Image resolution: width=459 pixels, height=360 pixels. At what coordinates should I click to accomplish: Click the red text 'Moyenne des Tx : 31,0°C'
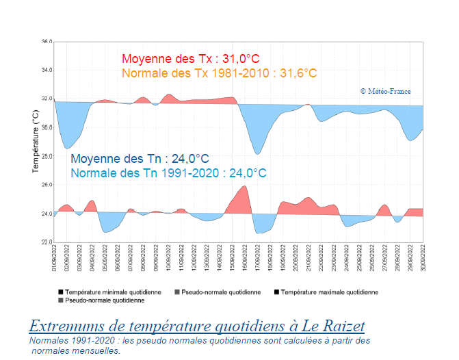190,60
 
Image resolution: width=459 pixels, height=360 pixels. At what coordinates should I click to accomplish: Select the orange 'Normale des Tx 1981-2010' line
219,73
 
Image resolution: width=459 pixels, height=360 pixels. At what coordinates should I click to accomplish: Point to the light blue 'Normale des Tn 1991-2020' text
168,172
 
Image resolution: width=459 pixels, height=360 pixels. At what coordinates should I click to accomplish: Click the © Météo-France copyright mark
385,90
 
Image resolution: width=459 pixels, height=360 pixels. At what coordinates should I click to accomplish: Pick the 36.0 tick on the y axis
47,42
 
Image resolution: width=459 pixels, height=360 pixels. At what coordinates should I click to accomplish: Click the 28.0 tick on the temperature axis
47,156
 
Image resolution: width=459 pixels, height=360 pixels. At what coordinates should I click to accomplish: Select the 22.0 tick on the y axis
47,242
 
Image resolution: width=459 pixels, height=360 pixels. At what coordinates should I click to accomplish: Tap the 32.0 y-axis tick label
47,99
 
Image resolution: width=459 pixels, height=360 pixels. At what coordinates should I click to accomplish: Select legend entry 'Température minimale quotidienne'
113,292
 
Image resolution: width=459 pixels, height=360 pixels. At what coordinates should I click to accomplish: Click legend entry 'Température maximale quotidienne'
328,292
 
